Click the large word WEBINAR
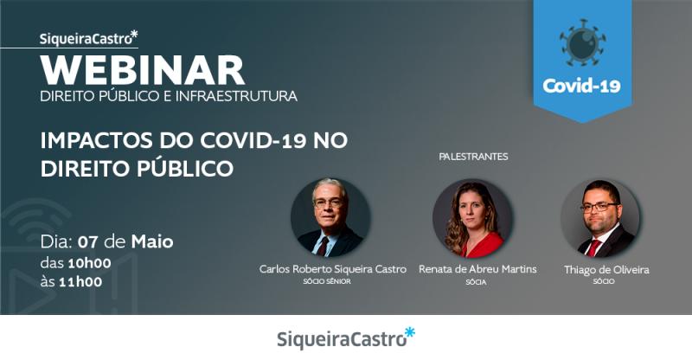pos(143,69)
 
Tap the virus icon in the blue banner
pos(581,42)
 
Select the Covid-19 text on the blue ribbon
pos(581,87)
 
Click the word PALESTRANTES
pos(473,157)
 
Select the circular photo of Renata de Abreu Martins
pos(472,218)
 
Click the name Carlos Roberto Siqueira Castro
pos(333,269)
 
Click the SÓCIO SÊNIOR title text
pos(333,282)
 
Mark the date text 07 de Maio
pos(125,241)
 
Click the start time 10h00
pos(89,261)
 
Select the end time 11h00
pos(81,280)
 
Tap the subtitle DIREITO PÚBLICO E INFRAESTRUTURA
pos(169,95)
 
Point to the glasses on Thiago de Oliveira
pos(599,207)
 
